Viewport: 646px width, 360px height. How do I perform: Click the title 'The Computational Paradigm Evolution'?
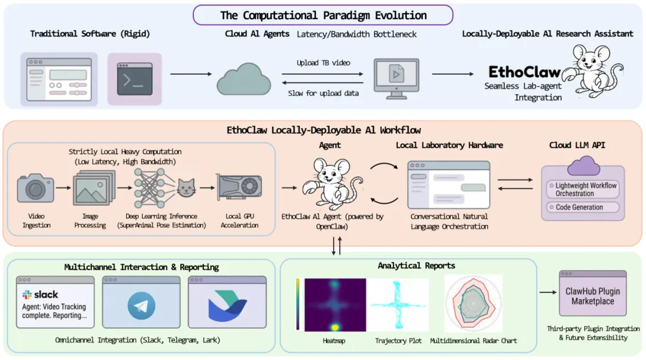coord(323,16)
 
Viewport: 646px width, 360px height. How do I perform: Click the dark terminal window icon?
coord(135,79)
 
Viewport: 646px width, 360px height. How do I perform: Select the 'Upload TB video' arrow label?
coord(323,63)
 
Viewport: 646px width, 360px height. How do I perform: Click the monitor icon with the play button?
coord(396,76)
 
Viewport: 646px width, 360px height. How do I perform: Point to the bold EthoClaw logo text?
coord(525,72)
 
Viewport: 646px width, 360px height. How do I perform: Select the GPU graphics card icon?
coord(239,189)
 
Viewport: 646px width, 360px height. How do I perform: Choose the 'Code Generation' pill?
coord(580,208)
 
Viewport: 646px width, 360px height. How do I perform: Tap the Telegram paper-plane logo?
coord(141,306)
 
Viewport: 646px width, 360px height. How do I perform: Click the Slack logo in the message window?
coord(41,294)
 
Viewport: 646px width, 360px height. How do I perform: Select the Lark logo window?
coord(227,302)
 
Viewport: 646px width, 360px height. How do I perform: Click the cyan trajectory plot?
coord(398,304)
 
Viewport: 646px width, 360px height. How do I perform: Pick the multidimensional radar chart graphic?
coord(474,303)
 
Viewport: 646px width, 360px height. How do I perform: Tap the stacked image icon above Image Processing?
coord(93,190)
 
